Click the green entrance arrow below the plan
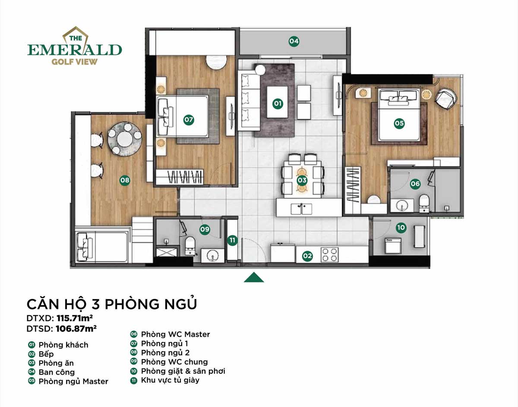click(254, 277)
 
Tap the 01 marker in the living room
click(278, 103)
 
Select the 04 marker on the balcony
click(294, 41)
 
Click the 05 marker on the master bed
click(399, 124)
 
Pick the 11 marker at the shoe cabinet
click(232, 241)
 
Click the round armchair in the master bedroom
click(445, 98)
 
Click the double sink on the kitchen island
click(303, 209)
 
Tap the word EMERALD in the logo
click(74, 50)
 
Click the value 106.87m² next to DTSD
click(76, 329)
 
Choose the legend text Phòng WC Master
click(175, 334)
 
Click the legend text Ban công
click(57, 372)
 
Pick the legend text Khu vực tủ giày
click(170, 380)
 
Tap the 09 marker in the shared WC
click(205, 229)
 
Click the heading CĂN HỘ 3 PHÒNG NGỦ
click(112, 304)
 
